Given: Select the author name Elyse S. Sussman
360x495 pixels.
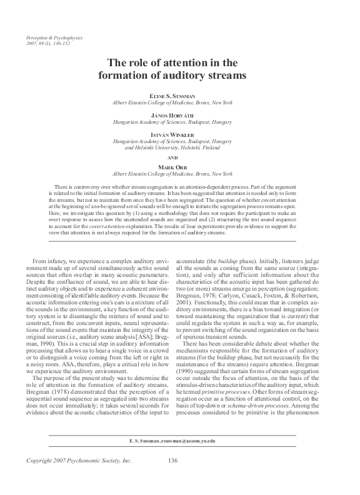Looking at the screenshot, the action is click(x=179, y=95).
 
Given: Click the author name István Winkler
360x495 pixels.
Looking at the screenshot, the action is click(x=179, y=134).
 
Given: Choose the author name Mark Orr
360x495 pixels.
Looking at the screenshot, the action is click(x=179, y=167).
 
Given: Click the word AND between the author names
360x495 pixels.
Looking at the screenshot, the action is click(x=179, y=158).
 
